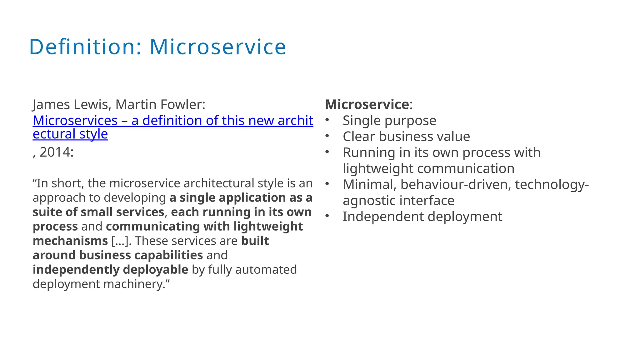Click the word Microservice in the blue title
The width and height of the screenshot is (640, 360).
[x=218, y=47]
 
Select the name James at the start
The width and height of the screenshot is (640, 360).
[x=51, y=104]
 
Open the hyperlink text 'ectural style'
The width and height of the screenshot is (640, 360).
[x=70, y=134]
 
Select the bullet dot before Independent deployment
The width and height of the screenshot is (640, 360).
[x=327, y=216]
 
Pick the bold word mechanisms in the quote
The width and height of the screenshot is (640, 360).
[x=70, y=241]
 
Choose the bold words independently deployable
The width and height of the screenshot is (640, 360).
[x=110, y=270]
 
